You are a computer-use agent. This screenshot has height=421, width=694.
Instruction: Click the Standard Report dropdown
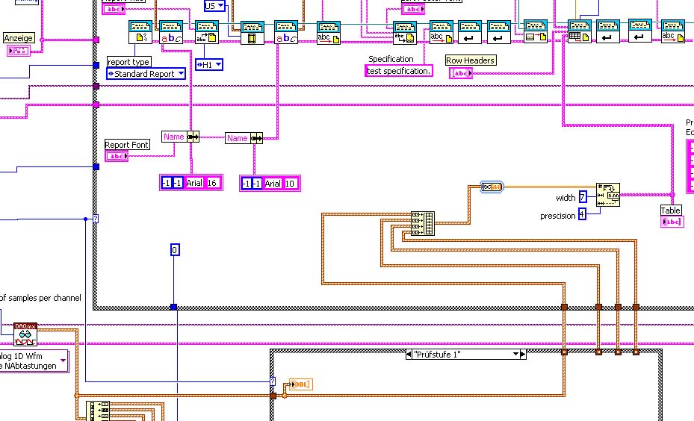(146, 74)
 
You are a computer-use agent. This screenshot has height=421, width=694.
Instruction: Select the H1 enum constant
(209, 65)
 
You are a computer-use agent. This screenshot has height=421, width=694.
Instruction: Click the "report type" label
(129, 62)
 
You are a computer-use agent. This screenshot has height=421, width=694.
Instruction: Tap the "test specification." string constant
(399, 71)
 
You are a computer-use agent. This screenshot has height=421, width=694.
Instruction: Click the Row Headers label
(470, 60)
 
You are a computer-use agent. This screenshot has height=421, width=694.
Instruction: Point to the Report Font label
(127, 145)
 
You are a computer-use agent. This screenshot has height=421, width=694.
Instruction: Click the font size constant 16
(211, 183)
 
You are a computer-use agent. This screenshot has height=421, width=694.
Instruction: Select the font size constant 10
(291, 184)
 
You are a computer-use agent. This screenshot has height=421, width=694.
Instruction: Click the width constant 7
(583, 197)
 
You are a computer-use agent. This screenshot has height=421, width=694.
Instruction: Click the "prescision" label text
(558, 216)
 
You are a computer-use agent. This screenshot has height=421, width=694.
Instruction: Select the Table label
(671, 210)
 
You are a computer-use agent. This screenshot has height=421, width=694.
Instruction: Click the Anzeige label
(19, 37)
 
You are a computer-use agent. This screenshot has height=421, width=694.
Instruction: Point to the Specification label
(391, 59)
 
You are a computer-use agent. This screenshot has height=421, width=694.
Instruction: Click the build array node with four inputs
(423, 219)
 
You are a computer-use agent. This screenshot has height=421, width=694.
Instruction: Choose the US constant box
(214, 5)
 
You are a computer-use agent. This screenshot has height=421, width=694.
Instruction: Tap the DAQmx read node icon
(25, 334)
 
